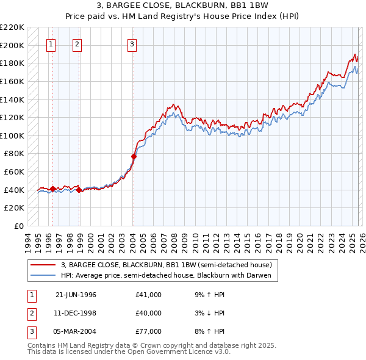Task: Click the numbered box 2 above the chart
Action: [77, 44]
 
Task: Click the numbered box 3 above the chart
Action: [132, 44]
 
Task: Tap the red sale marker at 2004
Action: [134, 156]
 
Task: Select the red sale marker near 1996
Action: [52, 189]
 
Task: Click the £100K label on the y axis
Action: [12, 135]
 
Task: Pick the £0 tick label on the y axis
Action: [18, 226]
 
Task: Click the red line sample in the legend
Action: [43, 265]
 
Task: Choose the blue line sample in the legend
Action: [43, 275]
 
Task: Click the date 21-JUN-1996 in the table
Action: [76, 295]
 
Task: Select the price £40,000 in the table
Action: [148, 313]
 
